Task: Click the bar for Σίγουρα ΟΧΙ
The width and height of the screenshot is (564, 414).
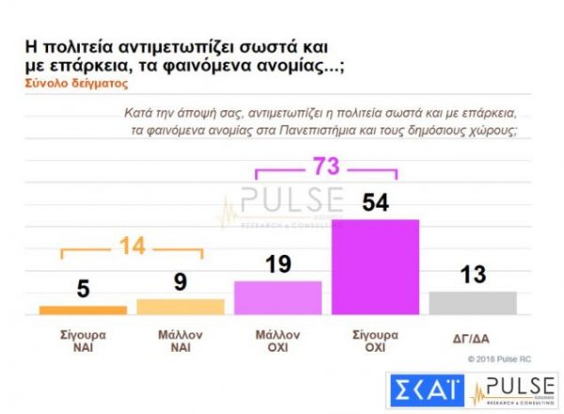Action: [376, 266]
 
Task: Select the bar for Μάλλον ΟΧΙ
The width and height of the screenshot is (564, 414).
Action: [277, 297]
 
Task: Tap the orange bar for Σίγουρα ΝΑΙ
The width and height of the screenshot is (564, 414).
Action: [83, 310]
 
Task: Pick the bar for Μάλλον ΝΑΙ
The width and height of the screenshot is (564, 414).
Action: [180, 306]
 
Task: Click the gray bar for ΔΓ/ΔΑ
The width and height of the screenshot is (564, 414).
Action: [473, 302]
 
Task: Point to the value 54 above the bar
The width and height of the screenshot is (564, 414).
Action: [376, 200]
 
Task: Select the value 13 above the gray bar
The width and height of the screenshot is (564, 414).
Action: [473, 274]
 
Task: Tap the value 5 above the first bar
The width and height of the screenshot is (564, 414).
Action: [83, 288]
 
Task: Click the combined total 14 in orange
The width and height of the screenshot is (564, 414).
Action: [132, 247]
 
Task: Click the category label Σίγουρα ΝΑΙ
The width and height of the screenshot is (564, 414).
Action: [83, 341]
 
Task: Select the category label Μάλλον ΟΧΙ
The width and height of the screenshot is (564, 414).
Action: [277, 341]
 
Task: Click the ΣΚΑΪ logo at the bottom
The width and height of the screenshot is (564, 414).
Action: [426, 391]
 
